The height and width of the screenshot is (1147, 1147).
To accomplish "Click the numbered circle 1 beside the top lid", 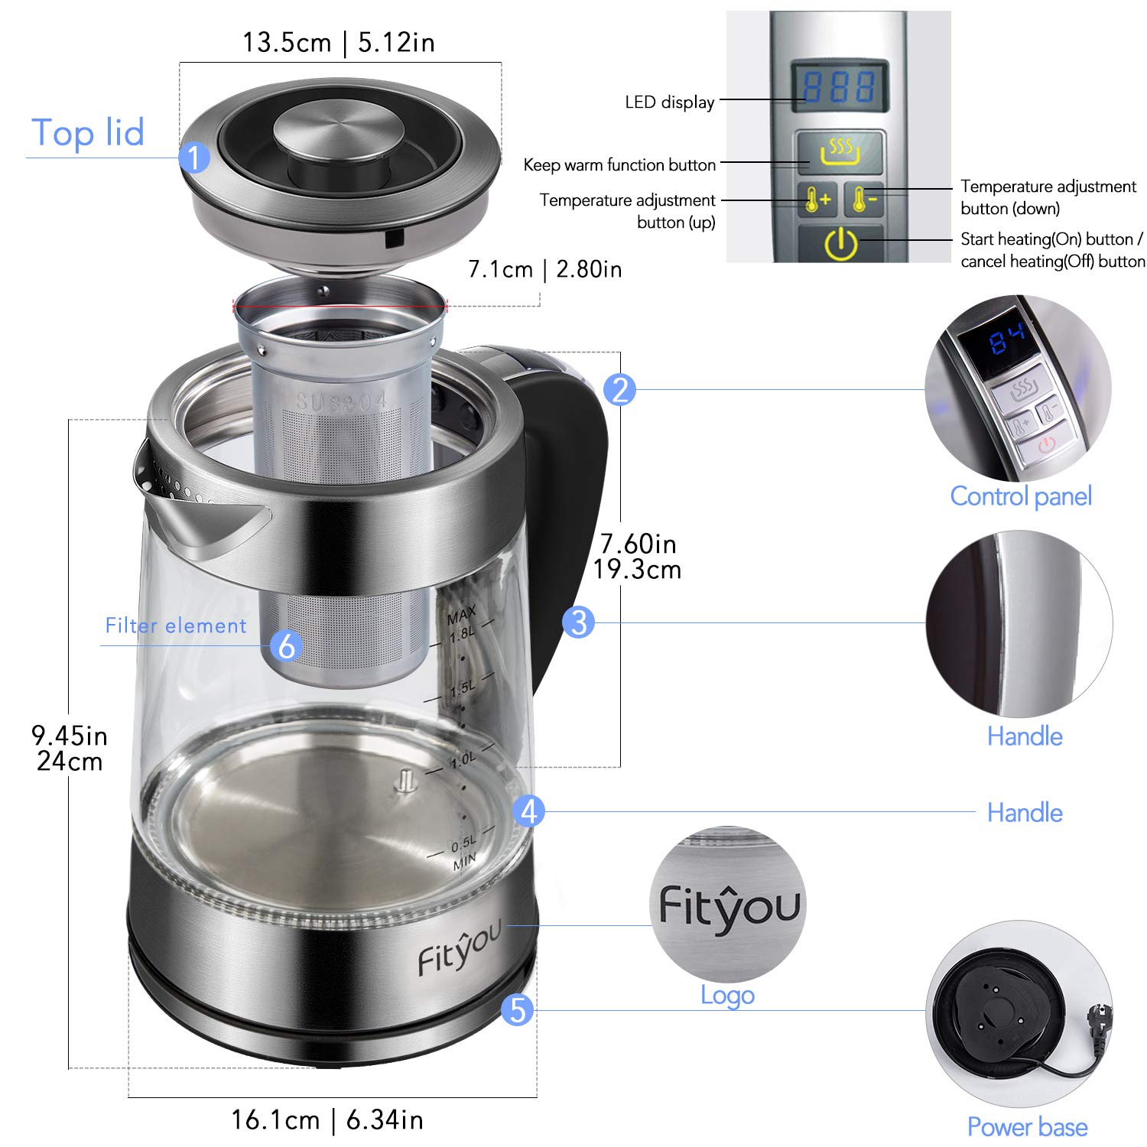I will pyautogui.click(x=194, y=158).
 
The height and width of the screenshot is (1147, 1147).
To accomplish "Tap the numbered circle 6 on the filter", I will pyautogui.click(x=287, y=646).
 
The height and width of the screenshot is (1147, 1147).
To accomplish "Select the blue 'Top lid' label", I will pyautogui.click(x=88, y=133).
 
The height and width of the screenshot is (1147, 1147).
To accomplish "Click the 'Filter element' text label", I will pyautogui.click(x=176, y=625).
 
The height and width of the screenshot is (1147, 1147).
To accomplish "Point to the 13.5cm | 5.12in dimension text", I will pyautogui.click(x=339, y=43).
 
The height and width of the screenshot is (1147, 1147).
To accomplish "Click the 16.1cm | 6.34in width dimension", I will pyautogui.click(x=327, y=1120).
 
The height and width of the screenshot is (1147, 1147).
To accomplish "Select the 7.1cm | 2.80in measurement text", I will pyautogui.click(x=544, y=269).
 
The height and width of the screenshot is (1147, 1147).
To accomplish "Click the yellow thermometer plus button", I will pyautogui.click(x=817, y=200).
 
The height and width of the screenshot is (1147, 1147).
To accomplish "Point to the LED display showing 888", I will pyautogui.click(x=839, y=87).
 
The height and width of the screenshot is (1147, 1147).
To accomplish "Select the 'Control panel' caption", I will pyautogui.click(x=1020, y=496).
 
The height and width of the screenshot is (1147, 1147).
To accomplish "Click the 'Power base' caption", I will pyautogui.click(x=1027, y=1127).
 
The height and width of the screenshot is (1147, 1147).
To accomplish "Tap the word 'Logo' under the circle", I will pyautogui.click(x=727, y=995).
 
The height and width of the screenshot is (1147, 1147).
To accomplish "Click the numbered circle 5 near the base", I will pyautogui.click(x=517, y=1009).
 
